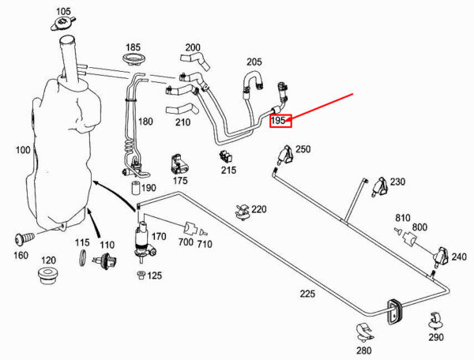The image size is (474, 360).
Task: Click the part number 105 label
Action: coord(63,12)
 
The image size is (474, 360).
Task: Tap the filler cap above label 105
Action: coord(62,24)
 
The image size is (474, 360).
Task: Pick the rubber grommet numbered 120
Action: coord(48,274)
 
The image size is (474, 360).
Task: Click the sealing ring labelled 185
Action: coord(134,59)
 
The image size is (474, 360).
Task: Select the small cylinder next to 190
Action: coord(135,187)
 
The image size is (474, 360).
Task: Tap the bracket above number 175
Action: coord(179,164)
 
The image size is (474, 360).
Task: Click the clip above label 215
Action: coord(225,156)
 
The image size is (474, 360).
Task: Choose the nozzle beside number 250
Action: coord(284,156)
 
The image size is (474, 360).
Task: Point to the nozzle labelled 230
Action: coord(380,187)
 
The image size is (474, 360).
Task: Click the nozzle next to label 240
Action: coord(442,257)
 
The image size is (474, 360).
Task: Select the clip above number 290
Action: coord(435,321)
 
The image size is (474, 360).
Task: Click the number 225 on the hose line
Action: coord(307,293)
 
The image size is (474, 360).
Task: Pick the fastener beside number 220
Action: coord(242,212)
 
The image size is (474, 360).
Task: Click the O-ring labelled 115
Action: coord(82,257)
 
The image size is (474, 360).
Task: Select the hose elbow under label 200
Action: coord(195,61)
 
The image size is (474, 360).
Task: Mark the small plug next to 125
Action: coord(141,275)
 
